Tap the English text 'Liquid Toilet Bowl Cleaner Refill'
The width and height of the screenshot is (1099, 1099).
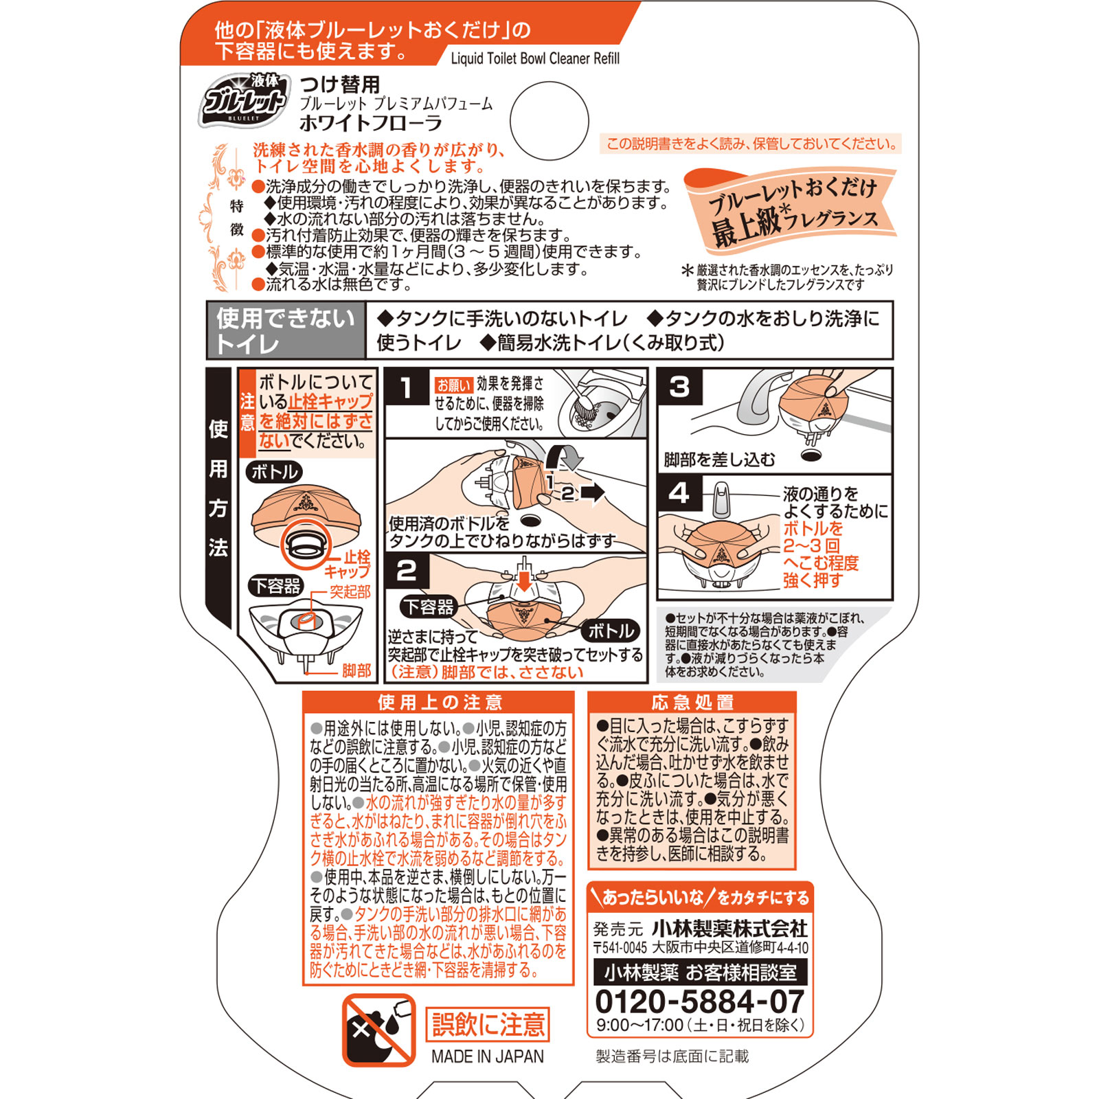pyautogui.click(x=535, y=58)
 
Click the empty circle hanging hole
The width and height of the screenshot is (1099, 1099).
pyautogui.click(x=549, y=121)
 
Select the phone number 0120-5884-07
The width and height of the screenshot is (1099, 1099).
pyautogui.click(x=699, y=1002)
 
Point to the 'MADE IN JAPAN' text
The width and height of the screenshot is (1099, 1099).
pyautogui.click(x=487, y=1056)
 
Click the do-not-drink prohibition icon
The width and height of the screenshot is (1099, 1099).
pyautogui.click(x=378, y=1030)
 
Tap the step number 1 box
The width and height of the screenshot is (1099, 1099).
pyautogui.click(x=407, y=388)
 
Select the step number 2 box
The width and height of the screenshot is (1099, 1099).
pyautogui.click(x=407, y=571)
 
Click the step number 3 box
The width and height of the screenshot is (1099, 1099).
pyautogui.click(x=679, y=387)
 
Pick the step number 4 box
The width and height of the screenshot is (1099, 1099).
pyautogui.click(x=679, y=492)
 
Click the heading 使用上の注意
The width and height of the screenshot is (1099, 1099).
pyautogui.click(x=440, y=702)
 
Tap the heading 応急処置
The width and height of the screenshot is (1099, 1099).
pyautogui.click(x=692, y=702)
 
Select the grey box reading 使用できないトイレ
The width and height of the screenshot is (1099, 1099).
pyautogui.click(x=286, y=330)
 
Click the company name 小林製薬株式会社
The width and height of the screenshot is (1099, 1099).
pyautogui.click(x=729, y=929)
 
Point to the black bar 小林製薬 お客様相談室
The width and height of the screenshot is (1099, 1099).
pyautogui.click(x=700, y=973)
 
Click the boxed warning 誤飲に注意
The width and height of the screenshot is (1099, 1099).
pyautogui.click(x=488, y=1025)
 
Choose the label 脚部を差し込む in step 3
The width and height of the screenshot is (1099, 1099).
pyautogui.click(x=719, y=460)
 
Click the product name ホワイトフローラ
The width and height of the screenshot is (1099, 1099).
pyautogui.click(x=371, y=124)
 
